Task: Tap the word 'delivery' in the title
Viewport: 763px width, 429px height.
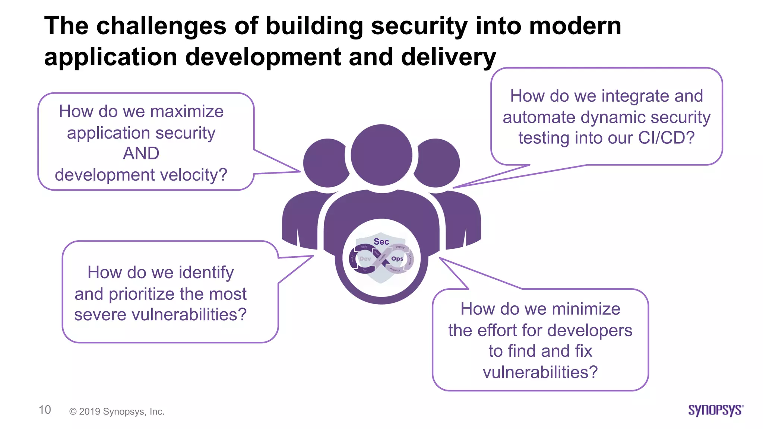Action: click(x=448, y=57)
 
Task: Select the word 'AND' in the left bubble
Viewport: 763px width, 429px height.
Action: click(x=141, y=153)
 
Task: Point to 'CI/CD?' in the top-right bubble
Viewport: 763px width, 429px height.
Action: click(x=667, y=138)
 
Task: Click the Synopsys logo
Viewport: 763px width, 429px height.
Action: click(x=716, y=410)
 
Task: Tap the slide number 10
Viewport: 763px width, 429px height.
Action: click(x=45, y=410)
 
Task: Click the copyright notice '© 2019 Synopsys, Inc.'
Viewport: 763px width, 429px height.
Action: click(x=117, y=411)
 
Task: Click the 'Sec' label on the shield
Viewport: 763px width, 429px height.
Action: click(x=381, y=242)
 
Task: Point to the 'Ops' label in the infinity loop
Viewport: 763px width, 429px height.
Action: click(x=397, y=258)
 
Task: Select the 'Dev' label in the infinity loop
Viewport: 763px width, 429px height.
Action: click(x=365, y=258)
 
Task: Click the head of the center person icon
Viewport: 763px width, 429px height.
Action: click(x=381, y=155)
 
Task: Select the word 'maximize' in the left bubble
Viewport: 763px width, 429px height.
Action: click(x=187, y=112)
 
